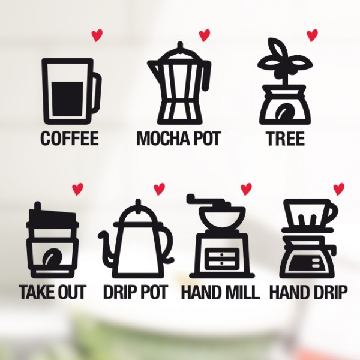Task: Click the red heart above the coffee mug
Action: pos(97,36)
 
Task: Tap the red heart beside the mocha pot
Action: pos(205,35)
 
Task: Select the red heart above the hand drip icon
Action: pos(338,189)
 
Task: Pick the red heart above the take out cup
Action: pos(77,189)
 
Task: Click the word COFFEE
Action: pos(70,138)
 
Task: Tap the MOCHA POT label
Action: pos(179,138)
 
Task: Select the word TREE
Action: pos(286,138)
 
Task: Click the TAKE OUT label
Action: pos(52,292)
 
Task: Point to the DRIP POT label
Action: pos(136,292)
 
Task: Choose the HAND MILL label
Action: pos(220,292)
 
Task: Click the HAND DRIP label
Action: pos(308,292)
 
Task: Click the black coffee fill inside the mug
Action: pos(68,99)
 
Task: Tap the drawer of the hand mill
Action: pos(221,259)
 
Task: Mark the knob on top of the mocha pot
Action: pos(180,46)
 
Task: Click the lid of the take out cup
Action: pos(52,218)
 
